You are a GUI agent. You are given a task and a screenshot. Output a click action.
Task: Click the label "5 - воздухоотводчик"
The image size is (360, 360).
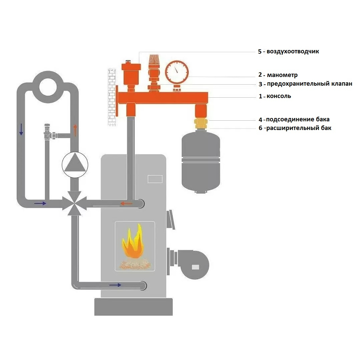click(288, 52)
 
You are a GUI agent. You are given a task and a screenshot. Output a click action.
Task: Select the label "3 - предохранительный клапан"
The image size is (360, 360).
click(305, 84)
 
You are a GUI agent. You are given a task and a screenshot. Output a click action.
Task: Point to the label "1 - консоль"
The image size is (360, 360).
click(275, 96)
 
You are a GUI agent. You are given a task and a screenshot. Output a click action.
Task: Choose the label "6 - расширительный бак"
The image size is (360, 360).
click(295, 128)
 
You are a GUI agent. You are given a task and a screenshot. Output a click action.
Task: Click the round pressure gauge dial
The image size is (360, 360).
click(177, 71)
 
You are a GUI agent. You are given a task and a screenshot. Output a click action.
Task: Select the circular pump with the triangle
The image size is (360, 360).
click(75, 165)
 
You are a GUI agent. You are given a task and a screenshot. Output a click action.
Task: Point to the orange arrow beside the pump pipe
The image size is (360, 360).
click(75, 130)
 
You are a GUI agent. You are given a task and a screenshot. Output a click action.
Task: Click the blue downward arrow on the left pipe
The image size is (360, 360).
click(21, 129)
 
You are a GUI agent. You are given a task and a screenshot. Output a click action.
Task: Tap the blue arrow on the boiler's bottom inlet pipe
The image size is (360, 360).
click(115, 285)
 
